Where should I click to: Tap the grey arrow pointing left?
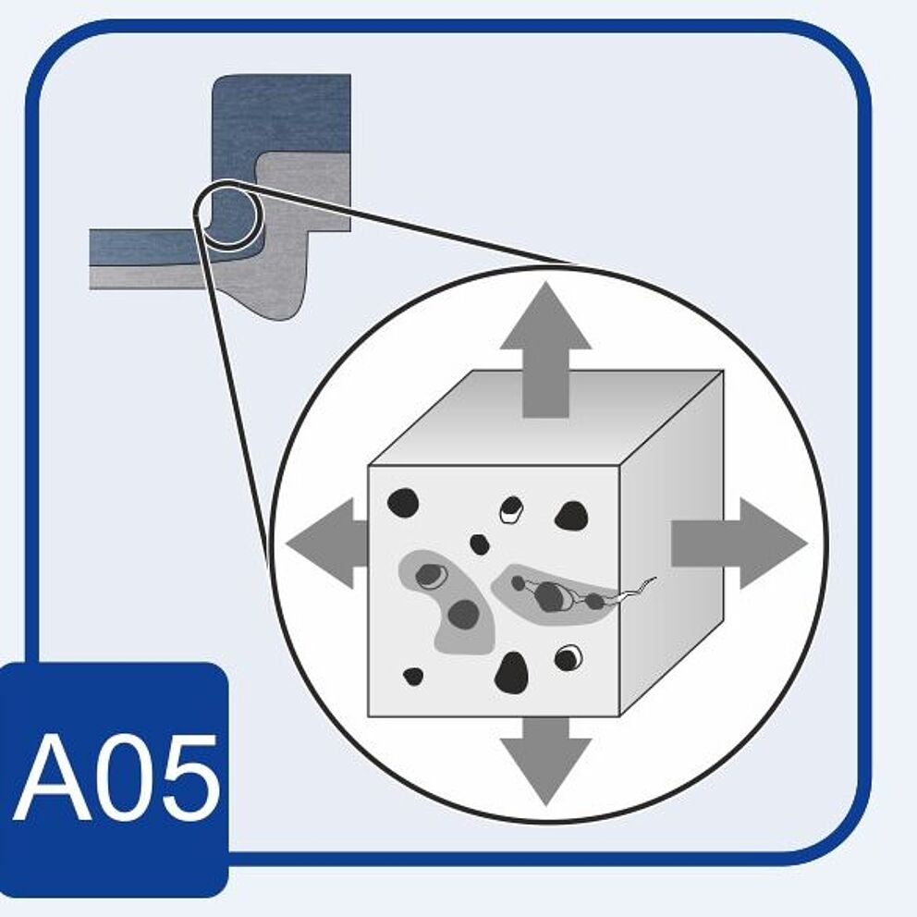328,543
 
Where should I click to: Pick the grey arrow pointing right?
735,543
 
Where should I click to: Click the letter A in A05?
54,778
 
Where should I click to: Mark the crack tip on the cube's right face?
654,579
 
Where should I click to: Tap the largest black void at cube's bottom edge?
511,673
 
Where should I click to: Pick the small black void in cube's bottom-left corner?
413,677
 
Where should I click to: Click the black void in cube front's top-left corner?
403,503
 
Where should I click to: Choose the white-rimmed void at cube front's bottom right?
569,657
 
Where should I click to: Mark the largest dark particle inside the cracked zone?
549,596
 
